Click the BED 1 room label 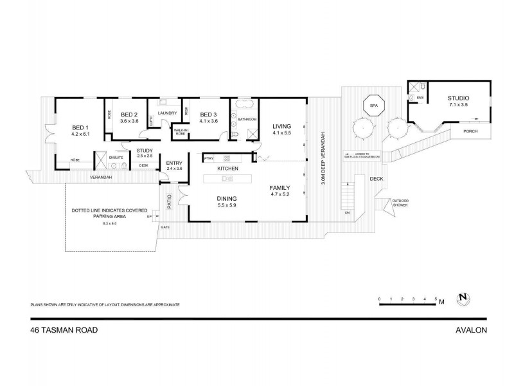tap(80, 127)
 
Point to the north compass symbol tap(462, 299)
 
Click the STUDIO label tap(458, 98)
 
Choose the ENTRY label tap(174, 163)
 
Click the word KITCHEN tap(228, 169)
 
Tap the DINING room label tap(228, 198)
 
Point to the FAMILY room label tap(281, 187)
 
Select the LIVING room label tap(282, 126)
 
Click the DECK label tap(377, 179)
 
